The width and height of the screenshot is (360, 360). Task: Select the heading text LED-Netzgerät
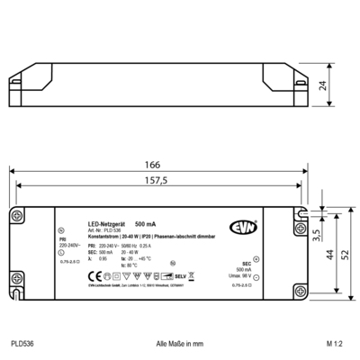[x=106, y=222]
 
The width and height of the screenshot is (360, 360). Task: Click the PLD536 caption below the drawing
[x=23, y=344]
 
